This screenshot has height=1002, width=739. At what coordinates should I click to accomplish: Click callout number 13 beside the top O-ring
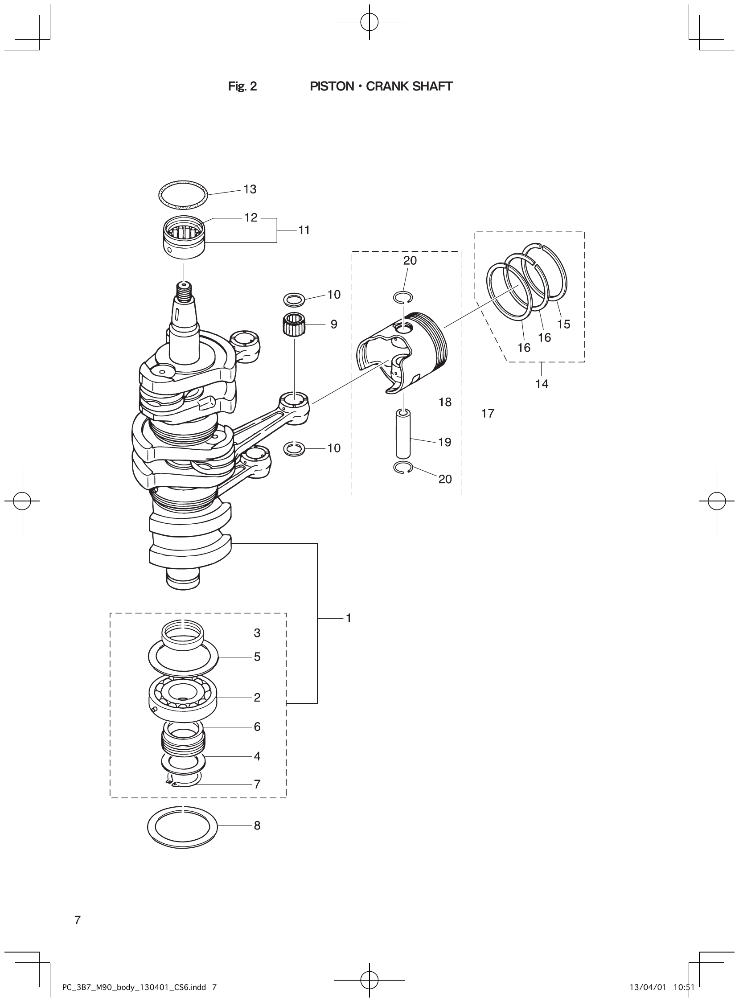pos(250,189)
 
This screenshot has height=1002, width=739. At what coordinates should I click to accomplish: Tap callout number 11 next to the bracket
pos(304,230)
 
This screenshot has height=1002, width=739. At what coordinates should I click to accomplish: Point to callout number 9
pos(334,324)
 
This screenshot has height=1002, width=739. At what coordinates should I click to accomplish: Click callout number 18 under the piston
pos(445,402)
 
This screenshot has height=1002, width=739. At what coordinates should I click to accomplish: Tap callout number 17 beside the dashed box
pos(488,413)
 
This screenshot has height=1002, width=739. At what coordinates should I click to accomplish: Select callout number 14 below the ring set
pos(542,384)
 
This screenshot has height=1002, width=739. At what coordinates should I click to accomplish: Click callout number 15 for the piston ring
pos(564,324)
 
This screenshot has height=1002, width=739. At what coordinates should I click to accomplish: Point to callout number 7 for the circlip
pos(257,784)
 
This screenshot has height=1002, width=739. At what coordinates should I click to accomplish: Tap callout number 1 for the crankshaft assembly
pos(349,618)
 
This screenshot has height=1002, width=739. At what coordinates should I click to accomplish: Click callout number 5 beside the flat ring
pos(257,657)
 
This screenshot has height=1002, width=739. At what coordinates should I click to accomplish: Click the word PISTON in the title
pos(332,86)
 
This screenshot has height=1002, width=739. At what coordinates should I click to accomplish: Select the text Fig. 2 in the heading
pos(242,86)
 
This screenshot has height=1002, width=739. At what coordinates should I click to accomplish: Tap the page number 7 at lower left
pos(78,920)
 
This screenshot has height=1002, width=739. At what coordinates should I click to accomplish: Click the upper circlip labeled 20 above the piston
pos(403,297)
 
